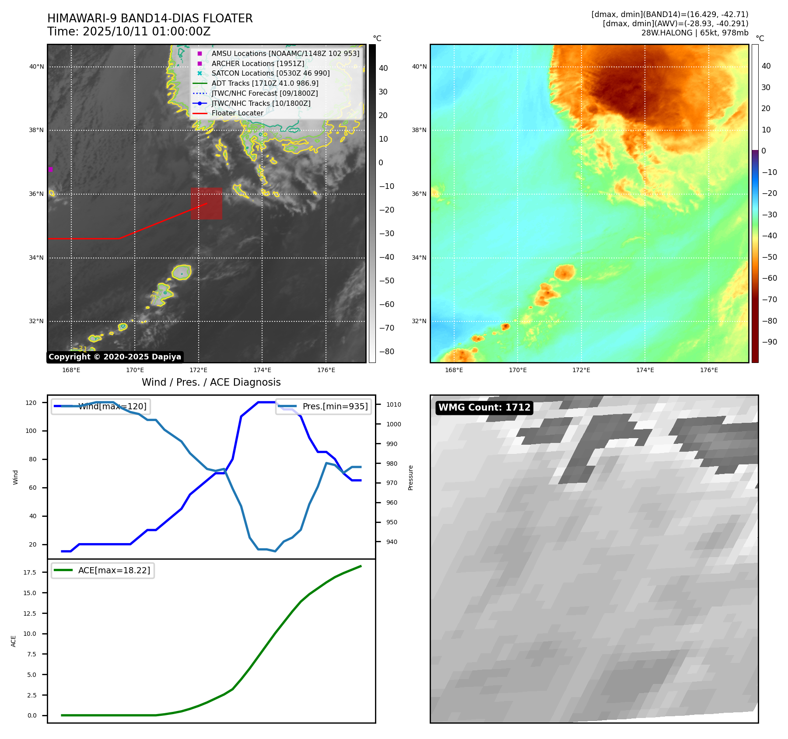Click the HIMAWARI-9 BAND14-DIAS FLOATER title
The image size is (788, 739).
[150, 18]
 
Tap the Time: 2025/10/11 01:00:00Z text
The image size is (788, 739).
[129, 31]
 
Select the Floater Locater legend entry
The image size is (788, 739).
[237, 113]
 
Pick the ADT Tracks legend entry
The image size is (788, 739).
[265, 83]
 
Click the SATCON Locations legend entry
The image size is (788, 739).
[270, 73]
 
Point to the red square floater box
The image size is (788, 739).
[206, 203]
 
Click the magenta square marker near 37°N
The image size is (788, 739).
[50, 169]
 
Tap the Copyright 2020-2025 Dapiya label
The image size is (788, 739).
[115, 357]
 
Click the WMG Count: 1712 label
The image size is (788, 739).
[484, 408]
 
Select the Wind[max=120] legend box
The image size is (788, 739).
[100, 406]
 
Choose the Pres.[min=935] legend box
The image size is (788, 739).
[323, 406]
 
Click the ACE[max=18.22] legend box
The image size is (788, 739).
[103, 570]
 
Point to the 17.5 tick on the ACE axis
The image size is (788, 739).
[30, 572]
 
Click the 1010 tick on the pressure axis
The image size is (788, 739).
[393, 404]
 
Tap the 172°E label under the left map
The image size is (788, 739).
[198, 370]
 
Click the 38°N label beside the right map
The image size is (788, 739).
[419, 130]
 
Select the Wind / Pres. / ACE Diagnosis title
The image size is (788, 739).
[211, 382]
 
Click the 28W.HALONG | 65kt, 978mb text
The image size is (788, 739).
[694, 33]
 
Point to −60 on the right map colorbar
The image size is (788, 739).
[769, 278]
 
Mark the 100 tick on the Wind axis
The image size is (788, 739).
[31, 431]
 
